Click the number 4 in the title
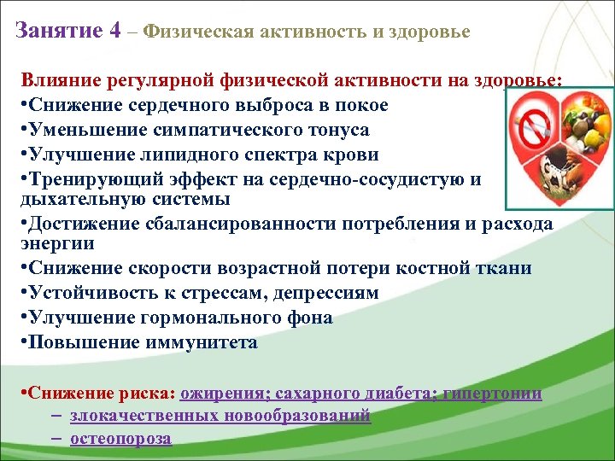click(x=114, y=31)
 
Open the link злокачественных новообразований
click(x=220, y=416)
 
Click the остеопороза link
click(x=120, y=439)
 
